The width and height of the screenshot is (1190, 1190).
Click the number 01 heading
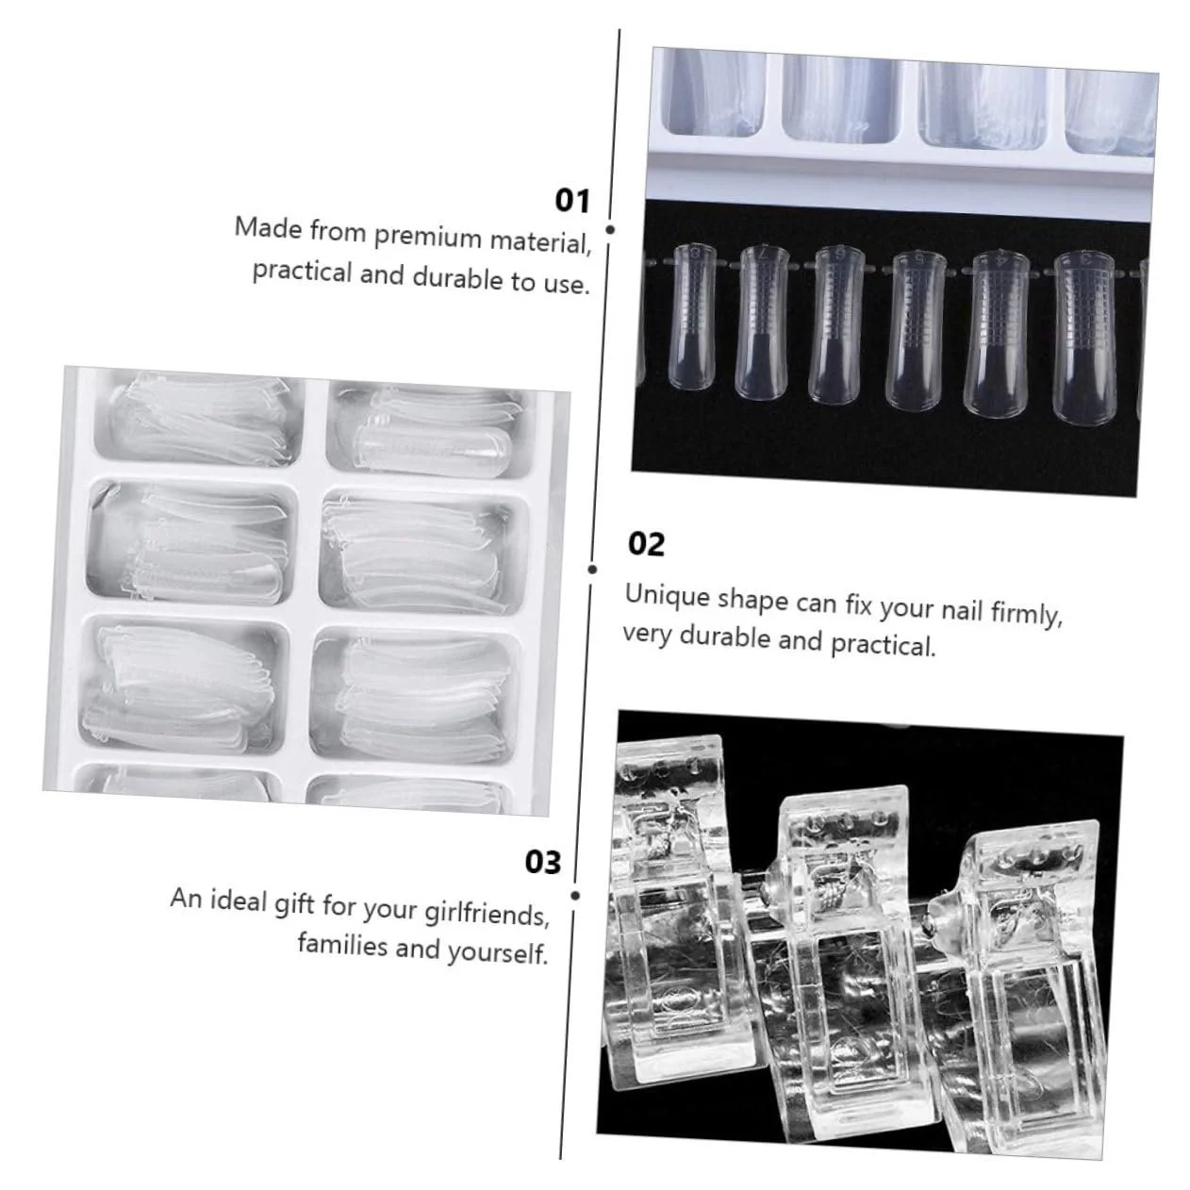(x=571, y=201)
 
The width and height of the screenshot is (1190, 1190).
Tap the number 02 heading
(x=646, y=545)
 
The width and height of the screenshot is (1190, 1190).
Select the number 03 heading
(x=543, y=862)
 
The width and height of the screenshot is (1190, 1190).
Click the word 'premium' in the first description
(x=427, y=237)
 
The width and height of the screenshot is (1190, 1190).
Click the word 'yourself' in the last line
(x=498, y=953)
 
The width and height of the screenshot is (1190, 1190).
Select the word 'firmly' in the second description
(x=1026, y=613)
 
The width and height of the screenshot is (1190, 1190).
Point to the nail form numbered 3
(x=1085, y=339)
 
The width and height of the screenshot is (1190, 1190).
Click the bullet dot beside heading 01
(x=610, y=230)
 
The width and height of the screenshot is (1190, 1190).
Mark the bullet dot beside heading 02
(x=592, y=570)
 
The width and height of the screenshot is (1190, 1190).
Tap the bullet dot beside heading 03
(x=575, y=896)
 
